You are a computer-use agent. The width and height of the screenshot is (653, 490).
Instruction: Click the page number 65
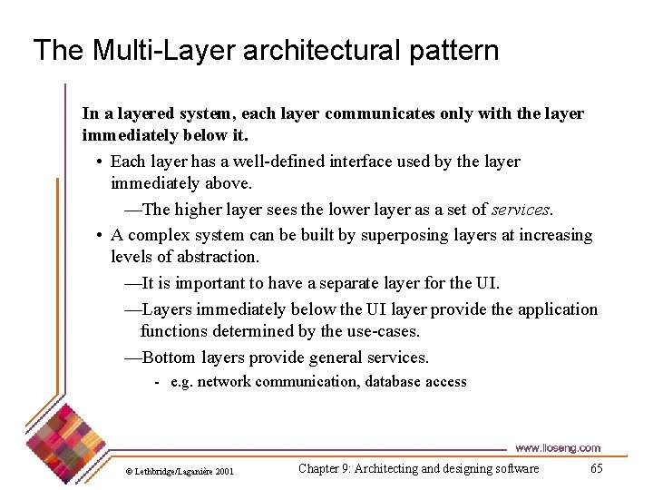[596, 468]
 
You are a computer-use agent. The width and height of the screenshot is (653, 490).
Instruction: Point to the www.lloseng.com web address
[558, 448]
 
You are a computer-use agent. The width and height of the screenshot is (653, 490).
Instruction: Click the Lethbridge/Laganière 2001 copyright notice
[180, 471]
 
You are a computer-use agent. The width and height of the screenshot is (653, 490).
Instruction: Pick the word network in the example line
[224, 382]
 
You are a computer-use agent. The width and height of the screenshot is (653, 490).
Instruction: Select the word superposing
[404, 236]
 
